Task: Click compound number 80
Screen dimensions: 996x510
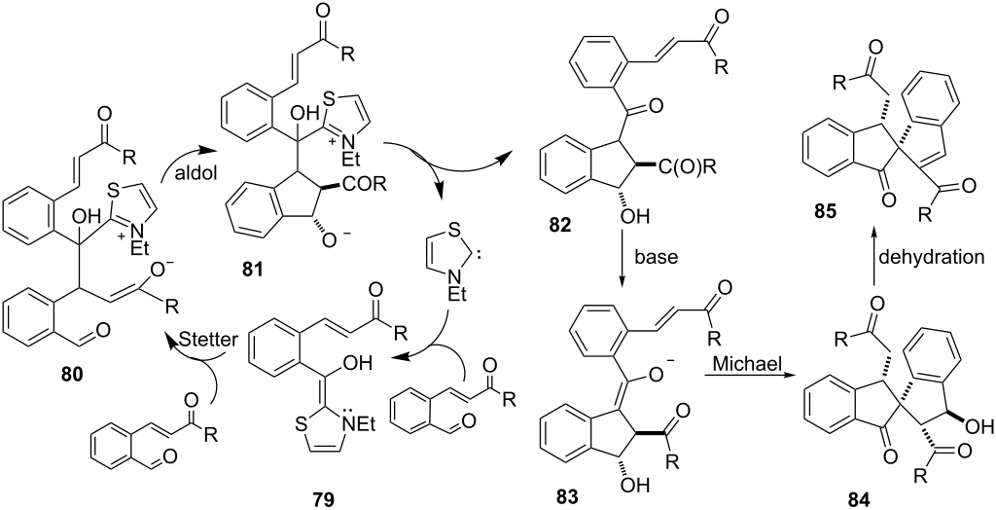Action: pos(67,376)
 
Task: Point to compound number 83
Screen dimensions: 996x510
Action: pos(575,496)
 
